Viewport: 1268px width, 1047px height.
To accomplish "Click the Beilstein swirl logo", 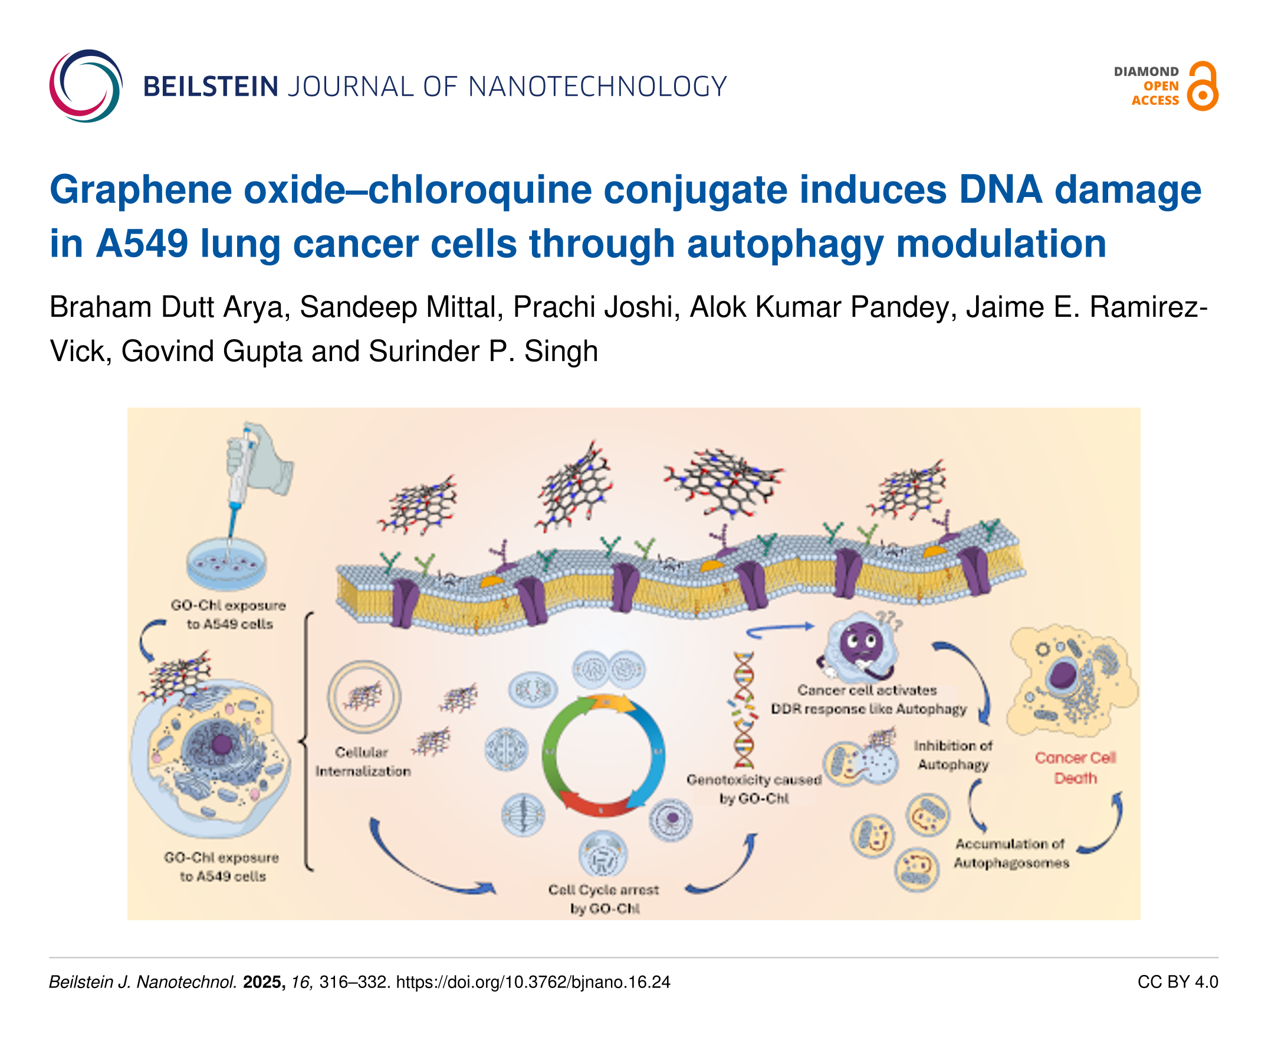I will coord(86,86).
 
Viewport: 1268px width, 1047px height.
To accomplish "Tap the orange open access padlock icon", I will coord(1203,86).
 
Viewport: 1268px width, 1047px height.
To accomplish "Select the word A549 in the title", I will coord(142,244).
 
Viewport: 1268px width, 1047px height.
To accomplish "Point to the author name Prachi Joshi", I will coord(592,307).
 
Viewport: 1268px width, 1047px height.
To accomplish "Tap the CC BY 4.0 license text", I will coord(1177,983).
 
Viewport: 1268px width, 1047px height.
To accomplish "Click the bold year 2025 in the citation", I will coord(264,983).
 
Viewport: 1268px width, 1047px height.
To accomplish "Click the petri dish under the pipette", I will coord(226,564).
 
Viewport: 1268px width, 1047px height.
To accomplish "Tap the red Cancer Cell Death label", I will coord(1075,768).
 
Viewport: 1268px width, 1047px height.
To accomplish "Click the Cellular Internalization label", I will coord(362,762).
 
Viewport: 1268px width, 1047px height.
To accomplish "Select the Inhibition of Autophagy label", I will coord(952,755).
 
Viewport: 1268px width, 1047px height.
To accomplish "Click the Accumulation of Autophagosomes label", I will coord(1010,854).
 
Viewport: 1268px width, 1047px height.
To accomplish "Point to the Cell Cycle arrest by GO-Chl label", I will coord(603,898).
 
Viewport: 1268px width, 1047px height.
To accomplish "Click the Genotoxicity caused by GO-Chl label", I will coord(754,789).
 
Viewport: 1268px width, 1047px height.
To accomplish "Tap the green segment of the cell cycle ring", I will coord(551,748).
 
